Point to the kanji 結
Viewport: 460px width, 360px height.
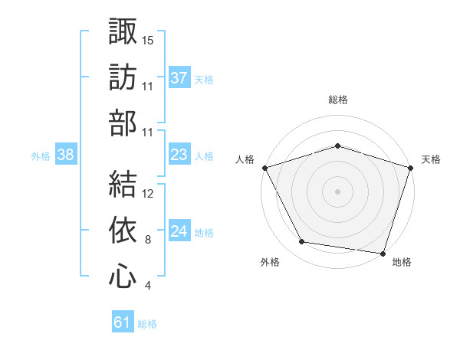click(x=123, y=183)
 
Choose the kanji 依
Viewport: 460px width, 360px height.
click(x=123, y=230)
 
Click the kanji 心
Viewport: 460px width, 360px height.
click(x=123, y=277)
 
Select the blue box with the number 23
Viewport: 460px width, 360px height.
click(x=179, y=155)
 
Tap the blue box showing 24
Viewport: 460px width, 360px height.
click(x=179, y=231)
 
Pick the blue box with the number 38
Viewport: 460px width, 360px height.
click(x=66, y=155)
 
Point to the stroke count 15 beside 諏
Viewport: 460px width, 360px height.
click(x=149, y=39)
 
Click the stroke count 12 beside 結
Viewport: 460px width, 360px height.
click(x=149, y=193)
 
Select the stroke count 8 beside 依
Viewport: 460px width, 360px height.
click(x=148, y=240)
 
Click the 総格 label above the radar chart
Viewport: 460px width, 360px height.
click(x=338, y=100)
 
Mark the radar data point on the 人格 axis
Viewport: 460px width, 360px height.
click(x=264, y=167)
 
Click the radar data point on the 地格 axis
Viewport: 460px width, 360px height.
click(x=383, y=253)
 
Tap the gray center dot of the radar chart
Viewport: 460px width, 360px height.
click(x=338, y=191)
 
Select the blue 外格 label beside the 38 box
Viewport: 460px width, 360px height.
click(x=41, y=156)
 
